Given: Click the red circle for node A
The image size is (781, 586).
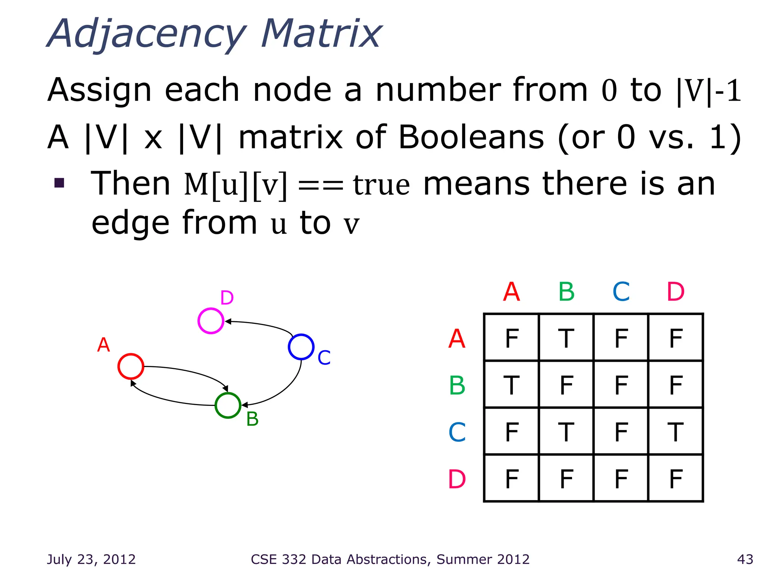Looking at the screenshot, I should point(131,366).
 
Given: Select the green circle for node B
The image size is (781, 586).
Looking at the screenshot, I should point(228,405).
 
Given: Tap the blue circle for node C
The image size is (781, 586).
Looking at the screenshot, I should point(301,347).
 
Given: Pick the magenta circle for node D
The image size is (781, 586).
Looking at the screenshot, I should point(211,321).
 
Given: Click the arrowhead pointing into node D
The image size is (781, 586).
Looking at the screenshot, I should point(228,322).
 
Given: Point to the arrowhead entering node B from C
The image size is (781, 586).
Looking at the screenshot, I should point(244,405).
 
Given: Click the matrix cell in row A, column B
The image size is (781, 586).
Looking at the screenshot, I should point(566,338).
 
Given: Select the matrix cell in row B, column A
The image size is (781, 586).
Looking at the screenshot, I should point(511,385).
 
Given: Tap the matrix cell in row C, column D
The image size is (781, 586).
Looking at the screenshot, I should point(675,431).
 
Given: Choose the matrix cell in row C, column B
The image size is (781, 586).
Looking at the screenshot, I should point(566,431).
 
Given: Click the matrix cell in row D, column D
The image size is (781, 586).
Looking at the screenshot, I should point(675,478).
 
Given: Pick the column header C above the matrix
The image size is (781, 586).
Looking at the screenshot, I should point(621,292).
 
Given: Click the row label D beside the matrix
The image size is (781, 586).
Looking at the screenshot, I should point(457,479).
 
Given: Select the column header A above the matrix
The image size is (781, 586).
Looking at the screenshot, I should point(511,292).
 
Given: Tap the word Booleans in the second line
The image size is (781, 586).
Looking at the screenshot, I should point(471,137).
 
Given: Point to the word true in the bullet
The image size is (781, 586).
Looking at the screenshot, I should point(381,185).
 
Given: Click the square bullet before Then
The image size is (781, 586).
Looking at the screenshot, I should point(59,183).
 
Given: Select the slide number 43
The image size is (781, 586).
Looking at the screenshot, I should point(745,559).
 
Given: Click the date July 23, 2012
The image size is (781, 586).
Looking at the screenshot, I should point(91,559).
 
